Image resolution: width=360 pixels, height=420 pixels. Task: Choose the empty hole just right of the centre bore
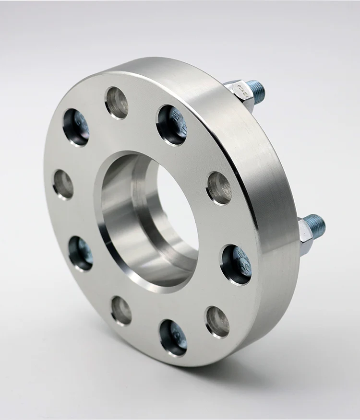pos(220,187)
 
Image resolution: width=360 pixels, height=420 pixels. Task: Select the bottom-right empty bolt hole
pos(217,321)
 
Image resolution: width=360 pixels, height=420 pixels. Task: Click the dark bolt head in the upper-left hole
pos(77,127)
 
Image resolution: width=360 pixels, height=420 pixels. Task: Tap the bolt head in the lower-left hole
pos(81,253)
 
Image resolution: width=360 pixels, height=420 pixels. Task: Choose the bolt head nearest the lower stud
pos(237,264)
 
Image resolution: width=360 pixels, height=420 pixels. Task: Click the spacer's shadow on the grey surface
pos(240,379)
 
